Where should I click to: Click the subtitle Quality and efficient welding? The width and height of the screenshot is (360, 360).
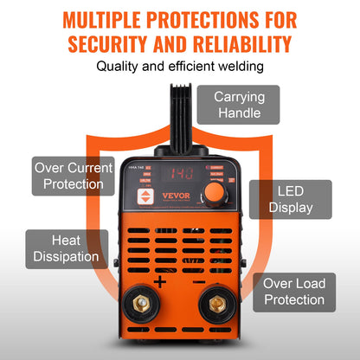[180, 67]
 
